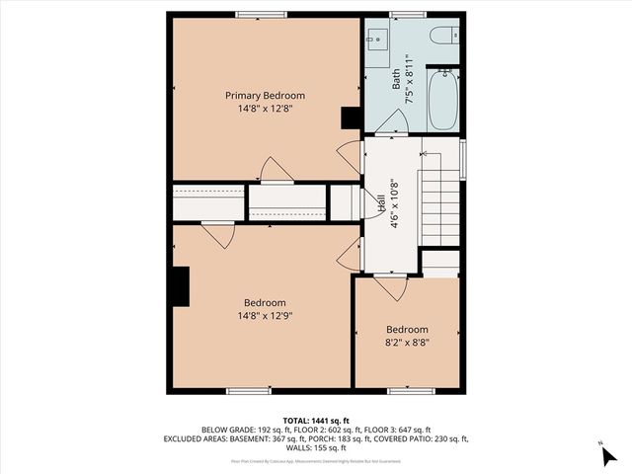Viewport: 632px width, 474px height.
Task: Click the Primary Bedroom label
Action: click(265, 96)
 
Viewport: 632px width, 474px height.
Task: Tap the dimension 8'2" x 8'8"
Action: click(407, 343)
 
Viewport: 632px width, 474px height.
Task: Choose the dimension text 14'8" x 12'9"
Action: click(265, 316)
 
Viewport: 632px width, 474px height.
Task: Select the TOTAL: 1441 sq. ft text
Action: click(316, 420)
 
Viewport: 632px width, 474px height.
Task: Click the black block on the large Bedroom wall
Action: click(179, 287)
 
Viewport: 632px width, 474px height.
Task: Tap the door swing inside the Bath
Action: click(393, 122)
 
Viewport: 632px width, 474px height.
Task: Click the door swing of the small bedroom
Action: click(388, 287)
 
